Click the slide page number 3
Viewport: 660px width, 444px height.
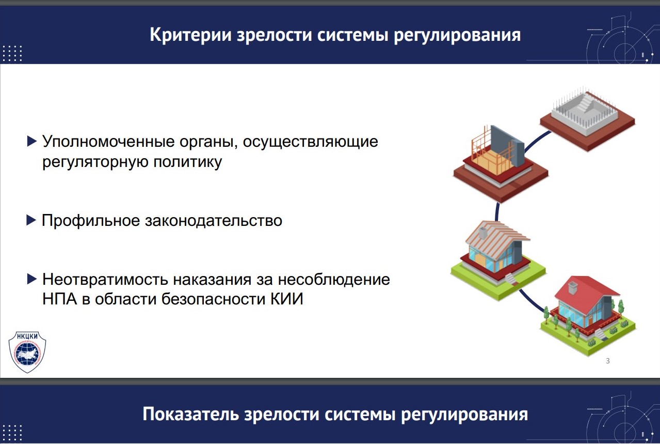607,361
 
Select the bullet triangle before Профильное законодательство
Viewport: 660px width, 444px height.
31,221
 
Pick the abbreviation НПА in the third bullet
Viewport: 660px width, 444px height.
59,299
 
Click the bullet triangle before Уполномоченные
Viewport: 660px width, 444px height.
31,141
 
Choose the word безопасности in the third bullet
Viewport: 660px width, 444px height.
215,299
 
